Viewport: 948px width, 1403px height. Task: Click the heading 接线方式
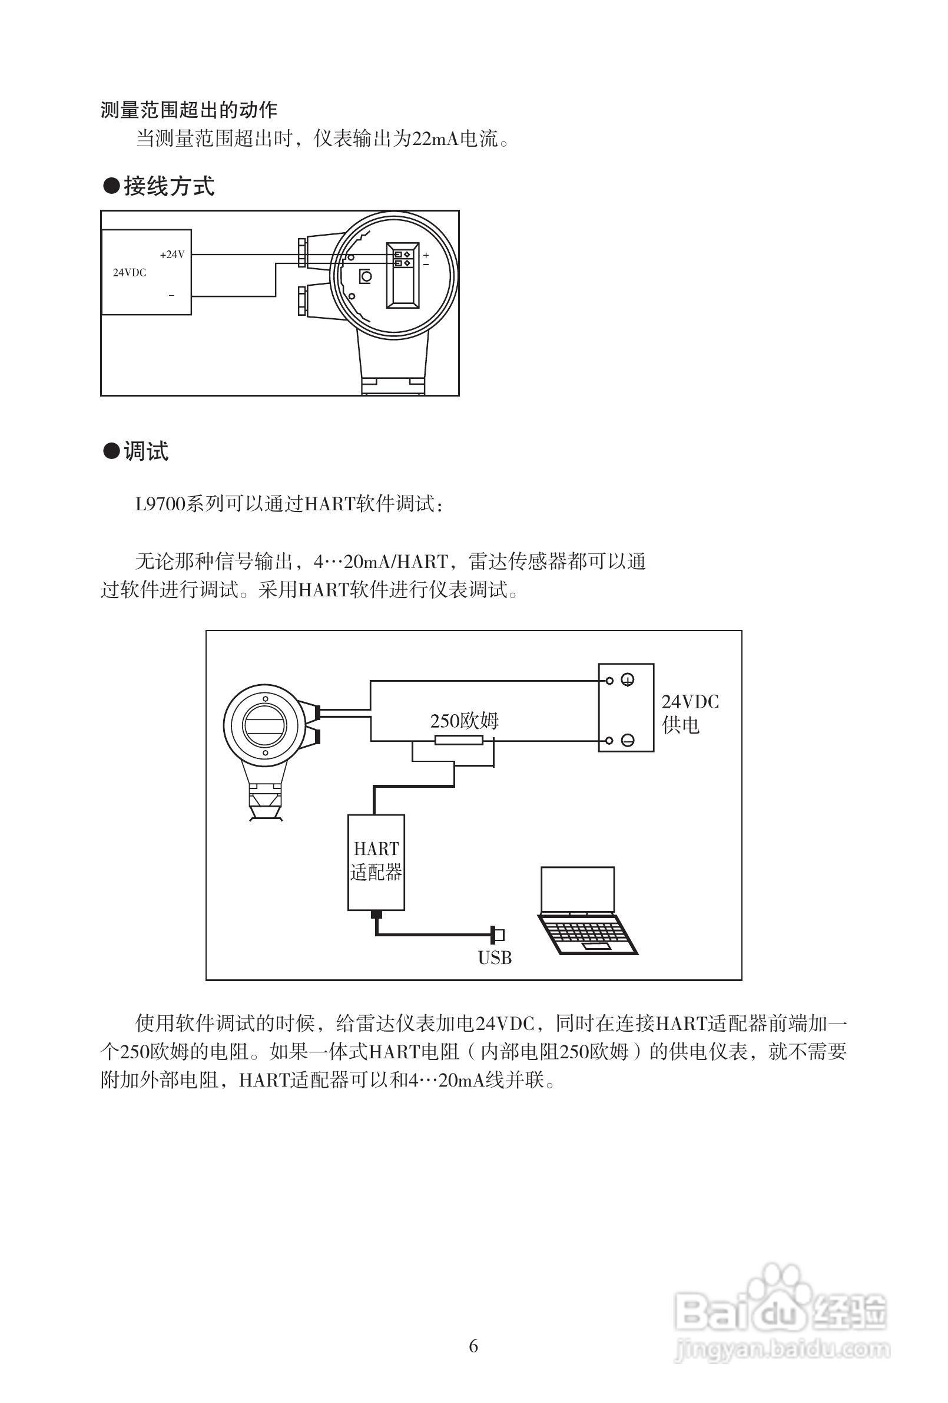tap(168, 186)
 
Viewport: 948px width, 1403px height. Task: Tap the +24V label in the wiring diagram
tap(172, 255)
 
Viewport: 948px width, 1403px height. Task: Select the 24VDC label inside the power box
tap(129, 273)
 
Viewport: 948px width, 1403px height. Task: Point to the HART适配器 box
tap(376, 861)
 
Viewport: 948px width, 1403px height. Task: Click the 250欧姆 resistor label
tap(463, 721)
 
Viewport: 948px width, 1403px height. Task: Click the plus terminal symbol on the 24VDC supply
tap(628, 681)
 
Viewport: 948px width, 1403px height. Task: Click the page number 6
tap(473, 1346)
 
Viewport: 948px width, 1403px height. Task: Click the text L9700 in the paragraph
tap(159, 503)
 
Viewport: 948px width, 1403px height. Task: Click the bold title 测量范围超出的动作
tap(189, 110)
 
